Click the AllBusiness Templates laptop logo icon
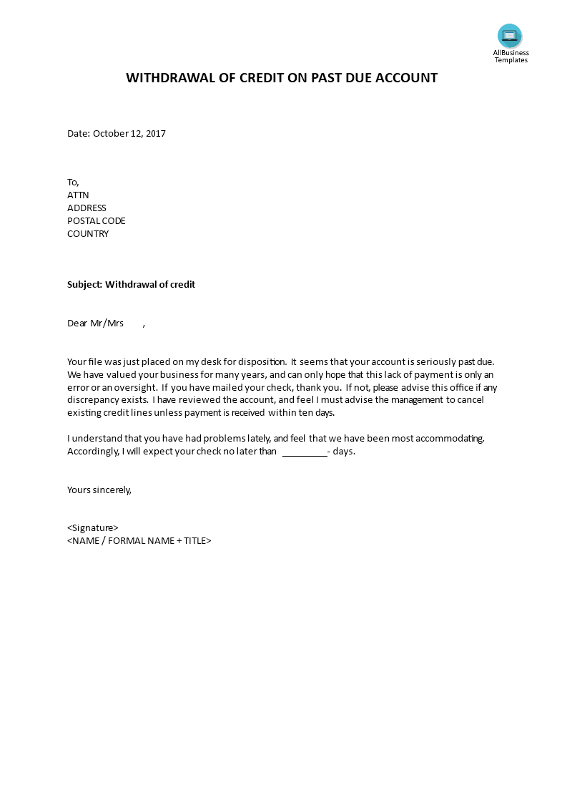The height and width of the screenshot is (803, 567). pos(510,35)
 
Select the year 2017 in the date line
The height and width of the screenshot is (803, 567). pos(155,133)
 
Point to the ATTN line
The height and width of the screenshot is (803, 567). pos(78,195)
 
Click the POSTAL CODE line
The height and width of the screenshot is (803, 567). pos(96,220)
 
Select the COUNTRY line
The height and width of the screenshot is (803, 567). pos(88,233)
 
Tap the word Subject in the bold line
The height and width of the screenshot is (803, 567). pos(84,284)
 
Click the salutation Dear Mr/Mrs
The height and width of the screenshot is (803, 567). pos(95,323)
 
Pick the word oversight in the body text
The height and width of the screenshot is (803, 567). pos(134,388)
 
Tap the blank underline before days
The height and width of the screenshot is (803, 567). pos(305,452)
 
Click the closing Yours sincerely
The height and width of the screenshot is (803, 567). pos(99,490)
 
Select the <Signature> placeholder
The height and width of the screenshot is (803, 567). pos(93,528)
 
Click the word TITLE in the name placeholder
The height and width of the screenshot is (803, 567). pos(195,541)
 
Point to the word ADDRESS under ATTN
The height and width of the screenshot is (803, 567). pos(87,208)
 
